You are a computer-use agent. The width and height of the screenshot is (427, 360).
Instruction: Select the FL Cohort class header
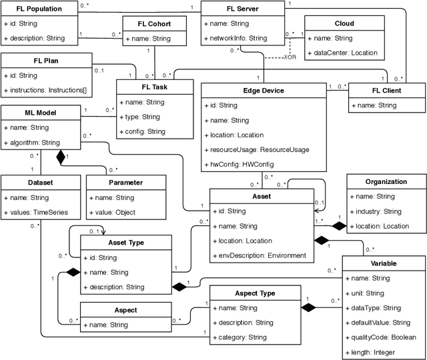coord(153,23)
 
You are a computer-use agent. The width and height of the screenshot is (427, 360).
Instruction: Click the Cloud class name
coord(344,23)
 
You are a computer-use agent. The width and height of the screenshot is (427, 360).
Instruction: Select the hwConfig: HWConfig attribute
coord(240,163)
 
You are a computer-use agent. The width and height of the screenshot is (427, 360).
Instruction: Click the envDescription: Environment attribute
coord(261,255)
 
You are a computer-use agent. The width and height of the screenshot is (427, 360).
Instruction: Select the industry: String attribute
coord(377,211)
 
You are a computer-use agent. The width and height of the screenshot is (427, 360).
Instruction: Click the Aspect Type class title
coord(254,293)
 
